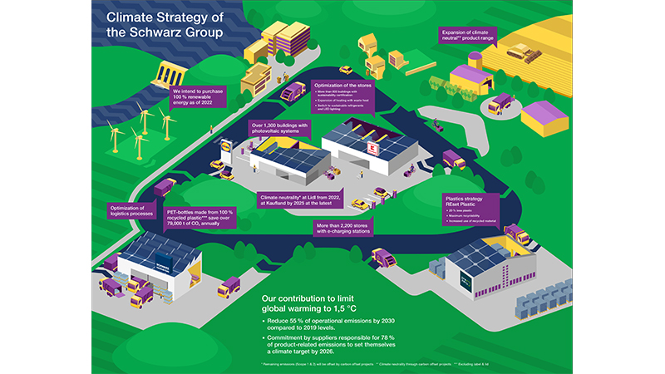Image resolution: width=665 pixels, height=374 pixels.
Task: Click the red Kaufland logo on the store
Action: (373, 147)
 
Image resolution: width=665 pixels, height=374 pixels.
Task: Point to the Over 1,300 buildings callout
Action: (279, 128)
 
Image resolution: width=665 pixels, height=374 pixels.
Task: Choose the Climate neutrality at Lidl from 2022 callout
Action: (297, 200)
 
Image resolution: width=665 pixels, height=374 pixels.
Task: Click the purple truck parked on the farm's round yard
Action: (497, 105)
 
